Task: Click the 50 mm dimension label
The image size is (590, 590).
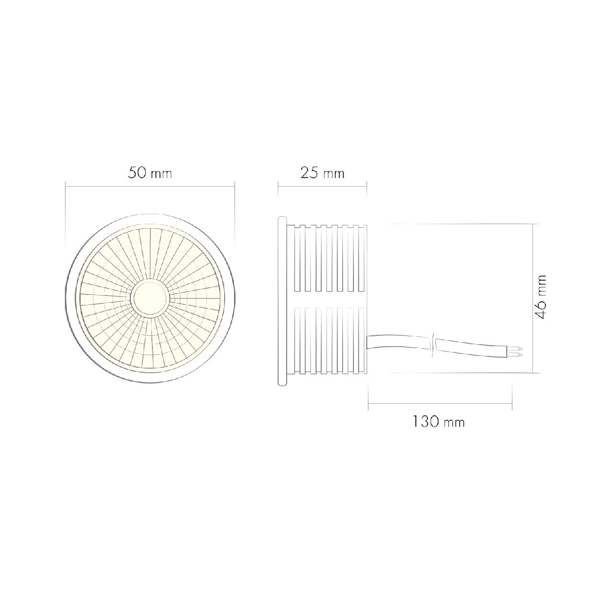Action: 150,173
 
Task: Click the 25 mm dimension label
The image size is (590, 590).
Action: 323,173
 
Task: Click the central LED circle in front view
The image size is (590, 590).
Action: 150,299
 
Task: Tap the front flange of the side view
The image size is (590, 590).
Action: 282,300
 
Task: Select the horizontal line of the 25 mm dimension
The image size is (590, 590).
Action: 323,186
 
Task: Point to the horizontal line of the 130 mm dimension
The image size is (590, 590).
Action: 440,404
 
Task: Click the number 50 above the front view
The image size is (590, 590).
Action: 138,173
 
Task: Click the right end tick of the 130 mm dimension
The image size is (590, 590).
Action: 512,396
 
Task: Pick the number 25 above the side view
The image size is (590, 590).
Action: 310,173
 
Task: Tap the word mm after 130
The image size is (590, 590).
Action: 454,422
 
